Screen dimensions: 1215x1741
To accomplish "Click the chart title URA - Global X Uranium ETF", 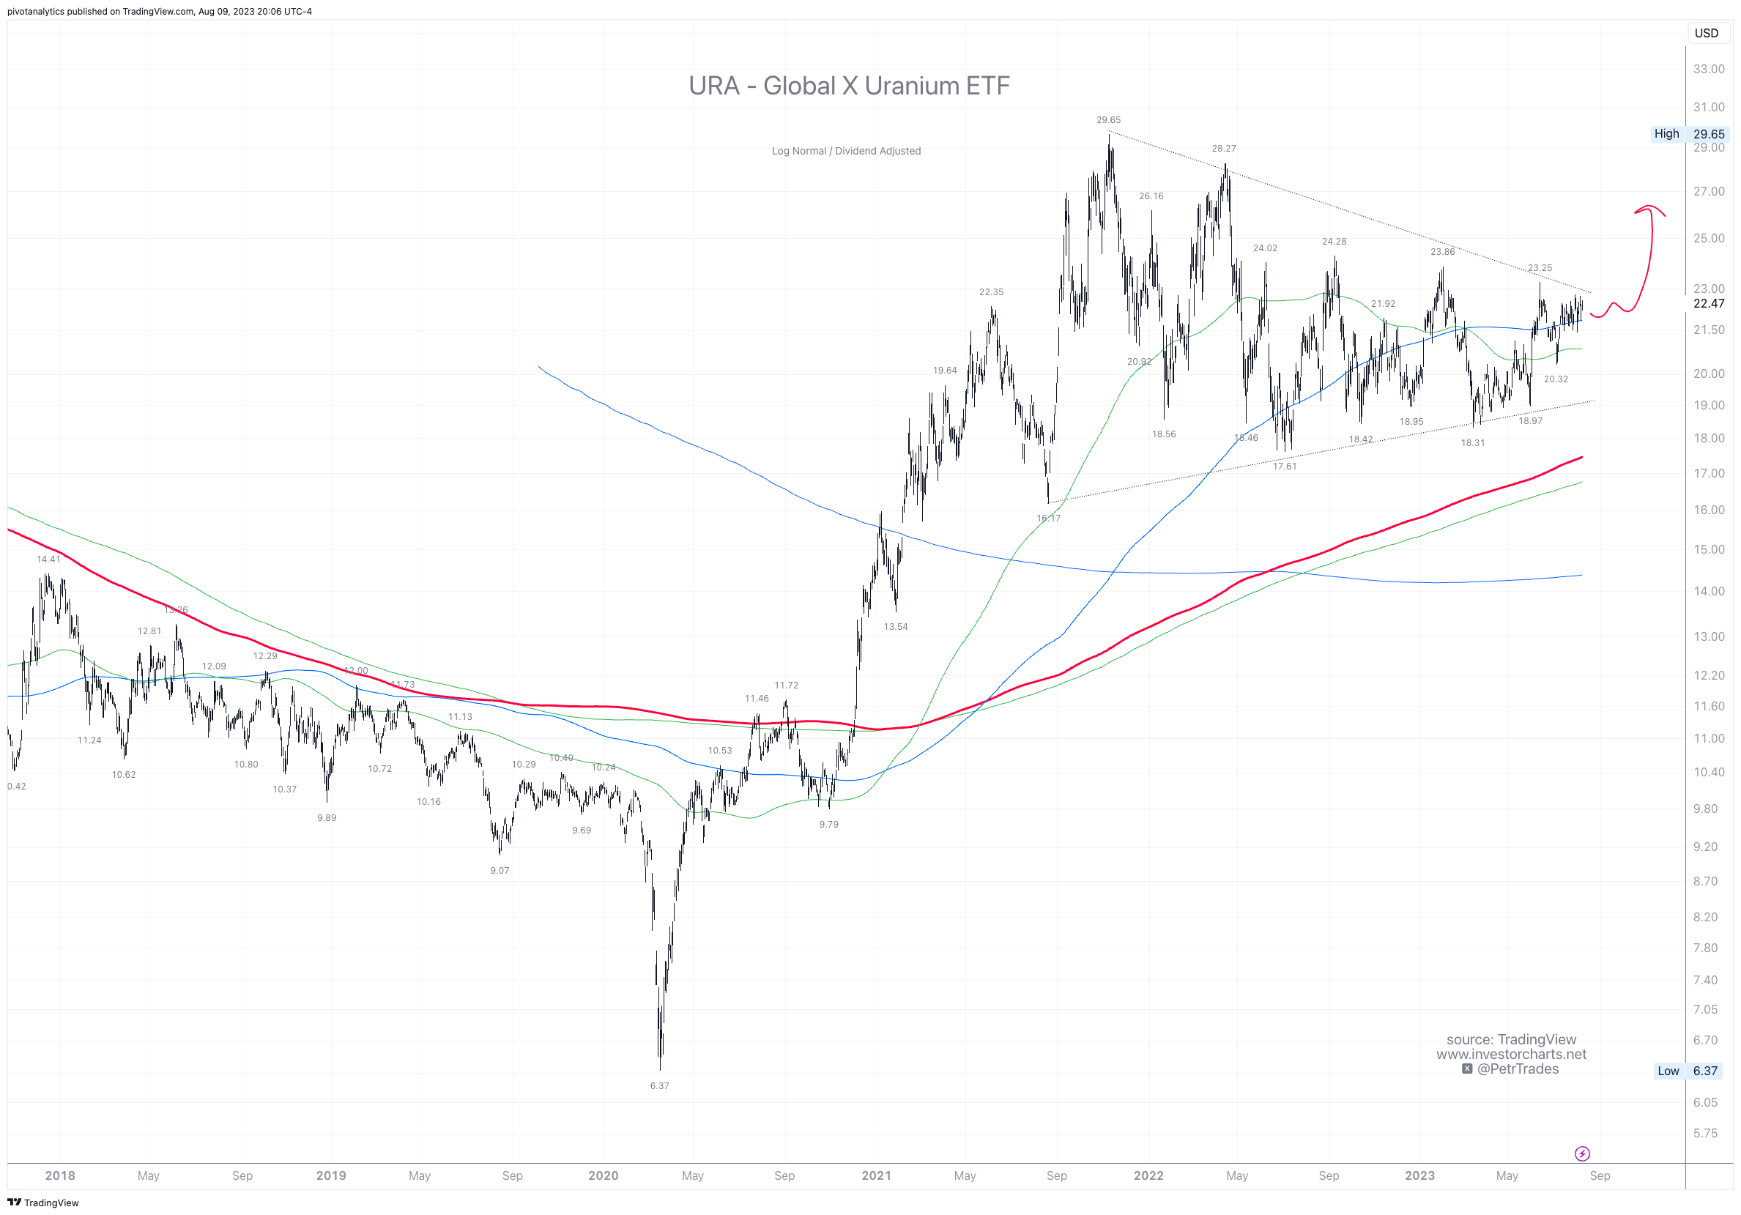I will (x=848, y=86).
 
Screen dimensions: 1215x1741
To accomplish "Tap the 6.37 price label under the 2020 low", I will (x=659, y=1085).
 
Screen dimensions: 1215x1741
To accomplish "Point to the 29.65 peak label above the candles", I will (x=1108, y=120).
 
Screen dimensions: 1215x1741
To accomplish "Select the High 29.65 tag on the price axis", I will (x=1689, y=133).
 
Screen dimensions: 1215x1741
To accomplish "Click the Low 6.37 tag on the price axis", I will (x=1689, y=1071).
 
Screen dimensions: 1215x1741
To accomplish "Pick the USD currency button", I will (x=1706, y=34).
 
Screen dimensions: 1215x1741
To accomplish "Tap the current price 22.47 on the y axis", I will (x=1708, y=303).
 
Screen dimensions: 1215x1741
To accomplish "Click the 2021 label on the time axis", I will (x=876, y=1175).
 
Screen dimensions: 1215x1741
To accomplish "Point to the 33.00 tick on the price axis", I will (x=1708, y=69).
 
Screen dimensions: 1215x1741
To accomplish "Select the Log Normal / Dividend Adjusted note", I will (x=845, y=151).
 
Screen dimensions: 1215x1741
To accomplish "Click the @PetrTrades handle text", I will (x=1517, y=1069).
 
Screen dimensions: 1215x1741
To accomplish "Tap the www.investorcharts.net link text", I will (x=1510, y=1054).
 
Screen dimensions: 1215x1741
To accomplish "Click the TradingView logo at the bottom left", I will (x=43, y=1202).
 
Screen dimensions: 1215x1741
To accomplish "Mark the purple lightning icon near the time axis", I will (x=1582, y=1153).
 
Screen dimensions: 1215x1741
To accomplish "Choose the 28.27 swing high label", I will (x=1223, y=149).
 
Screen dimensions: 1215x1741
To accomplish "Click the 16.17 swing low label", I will (x=1048, y=518).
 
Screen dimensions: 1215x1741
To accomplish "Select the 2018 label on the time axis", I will (x=60, y=1175).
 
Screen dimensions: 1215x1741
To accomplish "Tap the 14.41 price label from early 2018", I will (x=48, y=559).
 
